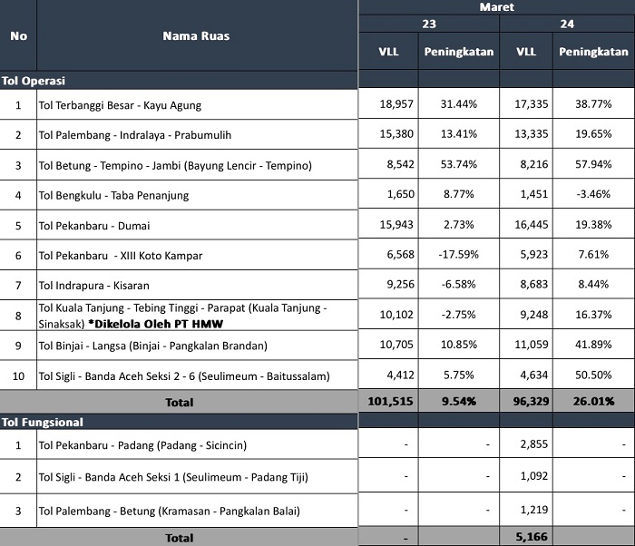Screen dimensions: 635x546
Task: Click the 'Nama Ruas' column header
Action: (x=196, y=36)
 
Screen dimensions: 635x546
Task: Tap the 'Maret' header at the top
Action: (x=496, y=7)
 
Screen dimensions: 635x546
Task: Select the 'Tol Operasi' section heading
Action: (x=34, y=81)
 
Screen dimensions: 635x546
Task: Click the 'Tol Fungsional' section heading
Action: (x=43, y=422)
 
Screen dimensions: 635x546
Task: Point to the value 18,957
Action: (x=396, y=104)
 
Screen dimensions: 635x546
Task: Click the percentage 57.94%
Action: (x=593, y=164)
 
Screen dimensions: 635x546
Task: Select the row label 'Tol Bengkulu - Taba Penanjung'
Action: (x=113, y=195)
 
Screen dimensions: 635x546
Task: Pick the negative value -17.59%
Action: (x=458, y=254)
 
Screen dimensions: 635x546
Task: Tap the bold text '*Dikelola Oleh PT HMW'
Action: (x=155, y=324)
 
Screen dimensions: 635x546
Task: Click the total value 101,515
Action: (x=390, y=402)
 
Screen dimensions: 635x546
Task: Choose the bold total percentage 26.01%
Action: (x=593, y=402)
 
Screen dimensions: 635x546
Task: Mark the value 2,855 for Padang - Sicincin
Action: (x=534, y=444)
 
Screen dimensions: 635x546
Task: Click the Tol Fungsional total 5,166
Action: (x=532, y=537)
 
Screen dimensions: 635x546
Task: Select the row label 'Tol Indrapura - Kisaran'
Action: (x=94, y=286)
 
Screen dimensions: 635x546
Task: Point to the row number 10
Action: (x=18, y=376)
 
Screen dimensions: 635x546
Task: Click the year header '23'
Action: (x=429, y=24)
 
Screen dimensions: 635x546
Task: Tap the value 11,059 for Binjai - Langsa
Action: (x=532, y=345)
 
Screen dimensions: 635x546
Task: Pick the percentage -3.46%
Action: (x=593, y=194)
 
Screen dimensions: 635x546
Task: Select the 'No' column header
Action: (x=19, y=36)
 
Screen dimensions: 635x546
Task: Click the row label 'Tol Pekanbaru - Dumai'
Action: (x=94, y=226)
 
